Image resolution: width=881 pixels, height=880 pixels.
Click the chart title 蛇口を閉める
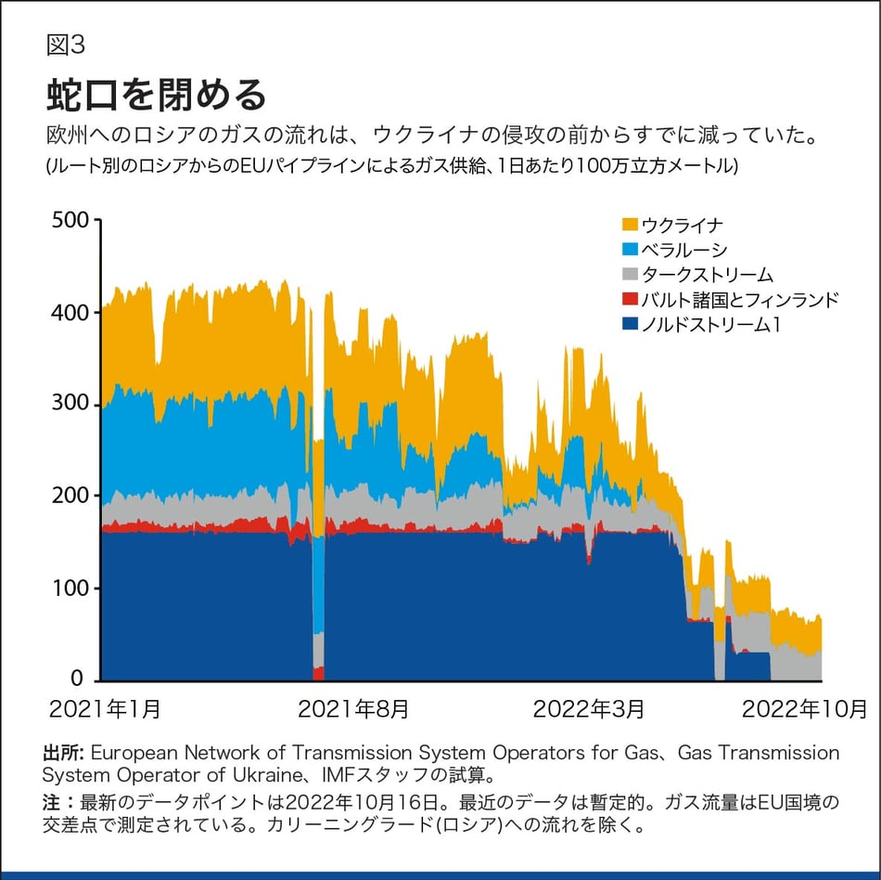[156, 95]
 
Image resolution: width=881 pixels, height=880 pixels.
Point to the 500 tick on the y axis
[70, 221]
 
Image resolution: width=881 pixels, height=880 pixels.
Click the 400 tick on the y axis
[70, 313]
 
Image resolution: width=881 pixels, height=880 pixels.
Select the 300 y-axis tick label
[70, 405]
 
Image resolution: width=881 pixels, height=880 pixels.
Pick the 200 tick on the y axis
[70, 497]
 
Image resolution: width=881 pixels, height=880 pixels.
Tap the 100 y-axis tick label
[70, 589]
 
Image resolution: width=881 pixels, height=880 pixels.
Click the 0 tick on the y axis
[81, 679]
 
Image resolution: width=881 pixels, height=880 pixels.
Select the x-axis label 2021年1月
[105, 710]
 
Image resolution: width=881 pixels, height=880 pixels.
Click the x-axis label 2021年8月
[352, 710]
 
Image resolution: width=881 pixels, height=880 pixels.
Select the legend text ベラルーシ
[684, 250]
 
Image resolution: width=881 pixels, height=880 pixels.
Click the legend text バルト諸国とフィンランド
[740, 299]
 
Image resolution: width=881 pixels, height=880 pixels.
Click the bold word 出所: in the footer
[64, 753]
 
